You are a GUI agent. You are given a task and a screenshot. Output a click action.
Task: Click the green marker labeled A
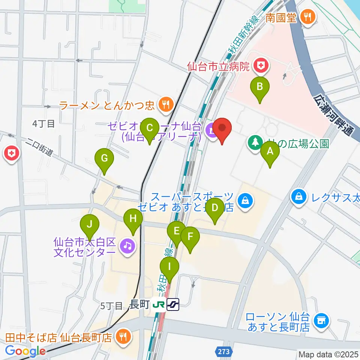point(270,152)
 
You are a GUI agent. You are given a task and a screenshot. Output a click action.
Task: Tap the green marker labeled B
point(259,87)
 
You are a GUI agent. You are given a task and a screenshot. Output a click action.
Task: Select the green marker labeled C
point(150,128)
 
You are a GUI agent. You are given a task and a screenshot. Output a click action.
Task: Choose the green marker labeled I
point(169,267)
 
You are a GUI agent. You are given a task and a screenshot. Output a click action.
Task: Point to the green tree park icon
point(255,143)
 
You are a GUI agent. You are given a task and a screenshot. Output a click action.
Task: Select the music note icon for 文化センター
point(127,246)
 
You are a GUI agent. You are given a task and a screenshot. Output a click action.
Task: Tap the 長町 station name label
point(139,305)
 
